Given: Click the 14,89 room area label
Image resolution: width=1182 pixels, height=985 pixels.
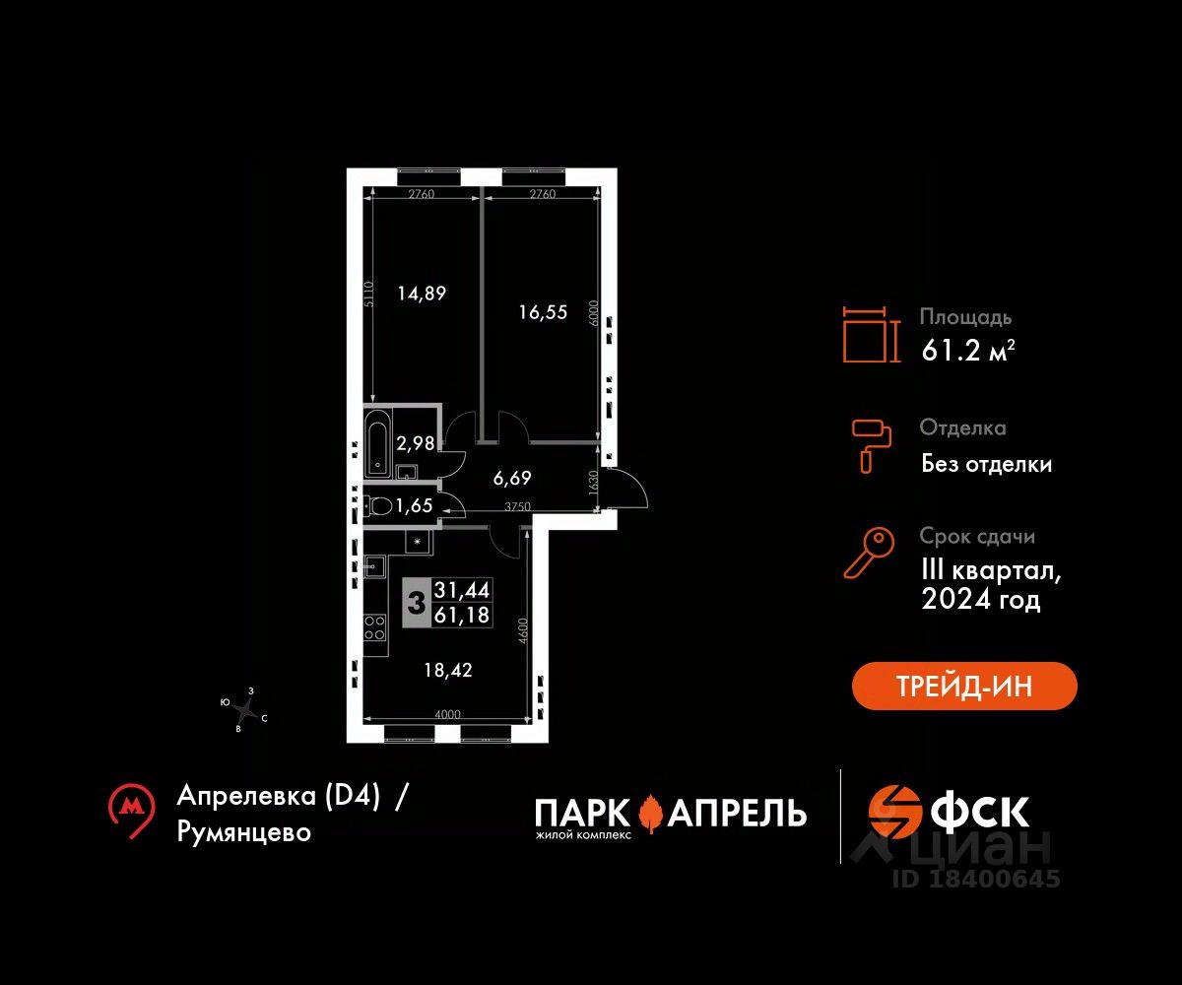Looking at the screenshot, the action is click(x=422, y=294).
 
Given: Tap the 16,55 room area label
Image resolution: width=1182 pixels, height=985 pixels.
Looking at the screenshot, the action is click(x=543, y=312).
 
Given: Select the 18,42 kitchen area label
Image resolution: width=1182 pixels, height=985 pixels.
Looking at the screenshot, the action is click(x=448, y=670).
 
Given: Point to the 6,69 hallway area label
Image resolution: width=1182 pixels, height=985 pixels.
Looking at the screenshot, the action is click(x=512, y=479).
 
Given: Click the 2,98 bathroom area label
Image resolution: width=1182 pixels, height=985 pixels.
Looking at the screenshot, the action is click(x=416, y=443).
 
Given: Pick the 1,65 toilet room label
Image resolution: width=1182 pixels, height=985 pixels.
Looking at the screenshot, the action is click(x=414, y=505).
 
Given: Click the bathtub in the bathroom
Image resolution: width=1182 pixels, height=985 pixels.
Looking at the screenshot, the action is click(x=377, y=443).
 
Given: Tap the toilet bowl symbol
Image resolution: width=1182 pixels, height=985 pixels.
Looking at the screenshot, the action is click(x=378, y=505).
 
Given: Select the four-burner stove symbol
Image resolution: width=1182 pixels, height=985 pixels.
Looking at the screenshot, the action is click(x=374, y=627).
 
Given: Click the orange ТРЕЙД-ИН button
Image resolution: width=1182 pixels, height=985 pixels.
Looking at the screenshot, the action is click(x=964, y=686).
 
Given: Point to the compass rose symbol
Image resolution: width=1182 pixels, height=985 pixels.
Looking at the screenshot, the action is click(x=244, y=710).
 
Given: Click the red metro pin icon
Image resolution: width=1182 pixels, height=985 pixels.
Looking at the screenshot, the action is click(x=132, y=811).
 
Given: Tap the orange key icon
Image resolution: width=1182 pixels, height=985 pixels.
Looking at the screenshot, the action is click(x=869, y=553).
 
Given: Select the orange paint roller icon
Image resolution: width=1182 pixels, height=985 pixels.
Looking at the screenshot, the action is click(x=871, y=446).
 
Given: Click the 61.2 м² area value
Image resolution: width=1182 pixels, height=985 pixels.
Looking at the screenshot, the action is click(x=968, y=351).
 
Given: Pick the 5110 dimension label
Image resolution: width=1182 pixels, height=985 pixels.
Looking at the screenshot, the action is click(x=368, y=295).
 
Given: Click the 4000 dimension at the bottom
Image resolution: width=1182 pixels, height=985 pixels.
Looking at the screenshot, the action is click(x=447, y=714).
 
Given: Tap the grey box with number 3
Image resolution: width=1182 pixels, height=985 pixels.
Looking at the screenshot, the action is click(x=417, y=603).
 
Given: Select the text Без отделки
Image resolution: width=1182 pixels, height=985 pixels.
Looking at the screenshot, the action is click(x=986, y=464).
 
